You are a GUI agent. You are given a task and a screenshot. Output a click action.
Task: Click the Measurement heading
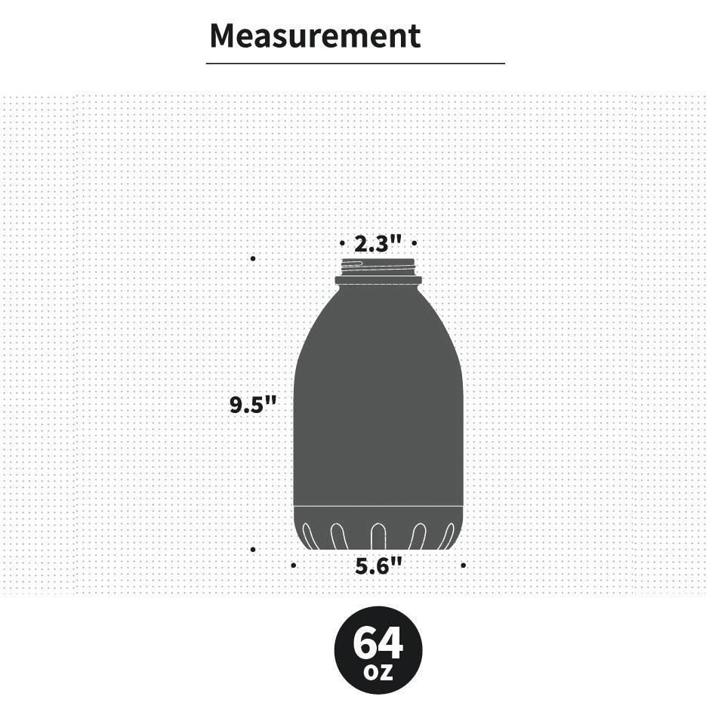[314, 36]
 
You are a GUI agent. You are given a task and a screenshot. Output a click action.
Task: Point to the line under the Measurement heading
[355, 64]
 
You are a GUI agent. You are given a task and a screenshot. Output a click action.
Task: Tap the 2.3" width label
[378, 244]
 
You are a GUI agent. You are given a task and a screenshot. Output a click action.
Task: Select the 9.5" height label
[254, 405]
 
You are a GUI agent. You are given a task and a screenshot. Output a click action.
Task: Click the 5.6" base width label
[378, 566]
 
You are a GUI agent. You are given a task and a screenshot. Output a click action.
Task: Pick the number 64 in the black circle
[378, 643]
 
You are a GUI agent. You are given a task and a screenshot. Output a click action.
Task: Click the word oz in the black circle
[378, 671]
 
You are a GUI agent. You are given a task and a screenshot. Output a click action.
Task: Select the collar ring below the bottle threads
[378, 280]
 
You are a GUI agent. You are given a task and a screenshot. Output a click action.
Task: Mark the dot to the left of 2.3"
[342, 244]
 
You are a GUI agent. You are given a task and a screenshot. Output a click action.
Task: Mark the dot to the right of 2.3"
[414, 244]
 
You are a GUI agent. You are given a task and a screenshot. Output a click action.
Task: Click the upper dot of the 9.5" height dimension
[252, 258]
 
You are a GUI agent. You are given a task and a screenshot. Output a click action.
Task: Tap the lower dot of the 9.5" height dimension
[252, 549]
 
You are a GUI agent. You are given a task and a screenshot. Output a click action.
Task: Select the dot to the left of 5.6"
[293, 565]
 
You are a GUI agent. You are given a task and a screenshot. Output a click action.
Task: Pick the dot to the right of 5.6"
[463, 565]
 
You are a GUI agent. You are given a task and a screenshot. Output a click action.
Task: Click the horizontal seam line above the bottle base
[378, 504]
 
